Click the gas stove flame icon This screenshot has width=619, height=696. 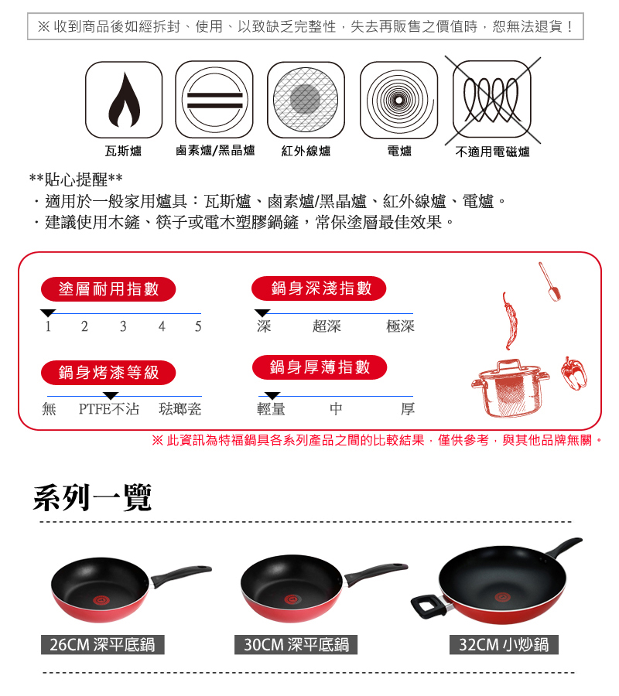tap(124, 100)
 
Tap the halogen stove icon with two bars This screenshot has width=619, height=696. tap(214, 100)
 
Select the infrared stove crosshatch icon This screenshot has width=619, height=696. tap(306, 100)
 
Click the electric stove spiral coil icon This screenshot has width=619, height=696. tap(398, 100)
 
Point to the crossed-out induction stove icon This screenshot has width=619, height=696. tap(492, 100)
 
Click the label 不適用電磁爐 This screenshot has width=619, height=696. tap(492, 152)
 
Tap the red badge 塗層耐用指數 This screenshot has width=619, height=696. tap(108, 289)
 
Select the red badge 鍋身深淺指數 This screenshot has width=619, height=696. tap(319, 288)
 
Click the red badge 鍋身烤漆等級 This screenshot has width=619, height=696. tap(108, 373)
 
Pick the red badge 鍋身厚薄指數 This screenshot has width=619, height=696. tap(320, 367)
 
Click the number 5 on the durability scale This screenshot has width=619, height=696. tap(198, 326)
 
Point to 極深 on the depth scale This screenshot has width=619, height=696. tap(401, 326)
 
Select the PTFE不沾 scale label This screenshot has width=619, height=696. tap(109, 409)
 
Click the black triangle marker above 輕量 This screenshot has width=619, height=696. tap(272, 395)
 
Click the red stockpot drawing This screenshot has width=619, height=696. tap(510, 388)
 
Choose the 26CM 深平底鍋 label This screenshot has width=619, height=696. tap(103, 644)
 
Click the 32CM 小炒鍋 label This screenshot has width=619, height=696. tap(504, 644)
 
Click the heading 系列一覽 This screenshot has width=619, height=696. tap(92, 497)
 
